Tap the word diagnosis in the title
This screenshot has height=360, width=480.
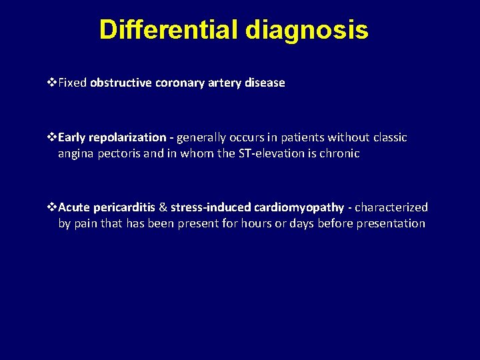point(307,31)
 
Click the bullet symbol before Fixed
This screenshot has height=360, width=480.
point(53,83)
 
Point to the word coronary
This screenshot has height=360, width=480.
point(178,83)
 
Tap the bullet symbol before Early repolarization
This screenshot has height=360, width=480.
point(53,137)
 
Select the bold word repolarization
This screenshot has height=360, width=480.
point(128,138)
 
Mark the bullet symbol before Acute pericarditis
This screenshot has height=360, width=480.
point(53,207)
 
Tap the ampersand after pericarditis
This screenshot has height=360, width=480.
point(163,207)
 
